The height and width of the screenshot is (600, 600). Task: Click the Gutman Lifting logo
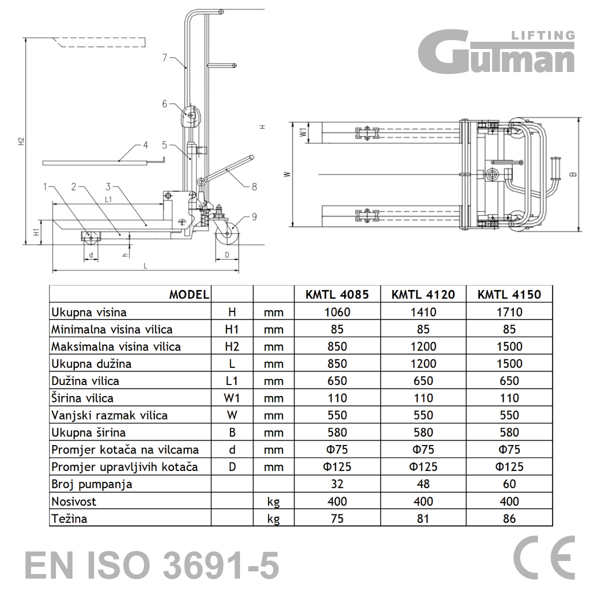point(496,51)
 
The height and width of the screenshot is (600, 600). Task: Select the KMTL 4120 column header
point(423,294)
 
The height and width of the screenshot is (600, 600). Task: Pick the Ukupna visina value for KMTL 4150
point(509,312)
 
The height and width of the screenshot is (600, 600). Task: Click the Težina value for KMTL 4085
point(337,518)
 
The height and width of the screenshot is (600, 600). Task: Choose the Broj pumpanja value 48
point(423,484)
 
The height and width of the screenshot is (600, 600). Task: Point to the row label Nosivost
point(74,501)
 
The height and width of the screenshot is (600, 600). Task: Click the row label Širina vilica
point(82,398)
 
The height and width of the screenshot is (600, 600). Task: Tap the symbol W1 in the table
point(232,398)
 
